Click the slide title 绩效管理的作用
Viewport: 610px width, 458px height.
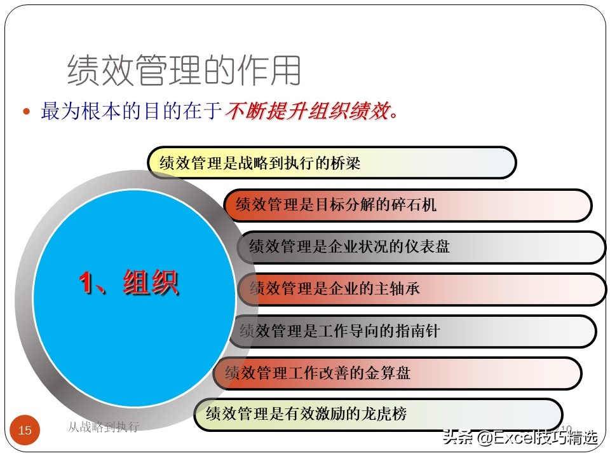(184, 70)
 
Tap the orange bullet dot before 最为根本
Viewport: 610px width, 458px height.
(26, 111)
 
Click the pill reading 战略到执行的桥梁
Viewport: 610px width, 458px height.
(331, 163)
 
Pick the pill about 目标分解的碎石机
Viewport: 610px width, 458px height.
(407, 205)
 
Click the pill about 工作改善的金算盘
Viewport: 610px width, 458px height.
(397, 373)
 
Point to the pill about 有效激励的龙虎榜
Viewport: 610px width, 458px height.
(378, 415)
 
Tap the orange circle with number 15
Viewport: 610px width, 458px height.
(25, 431)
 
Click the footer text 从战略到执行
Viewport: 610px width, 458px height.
(103, 427)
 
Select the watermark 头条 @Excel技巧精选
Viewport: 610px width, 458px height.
(520, 438)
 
